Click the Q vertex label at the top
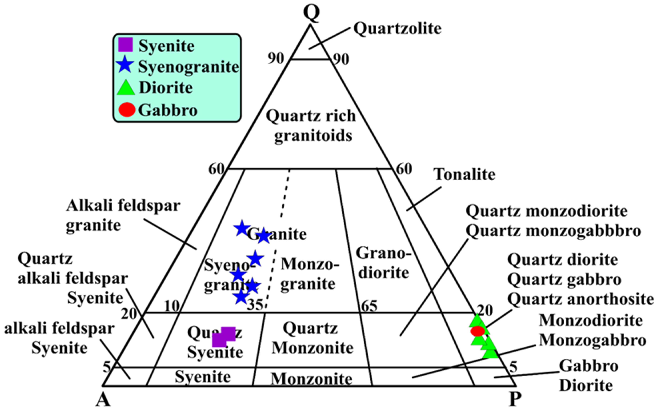[x=312, y=13]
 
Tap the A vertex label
[x=103, y=400]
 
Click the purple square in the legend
[x=126, y=45]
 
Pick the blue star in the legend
[x=125, y=65]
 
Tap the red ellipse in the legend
[x=127, y=110]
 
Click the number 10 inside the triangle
[x=172, y=306]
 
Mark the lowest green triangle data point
[x=491, y=353]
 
